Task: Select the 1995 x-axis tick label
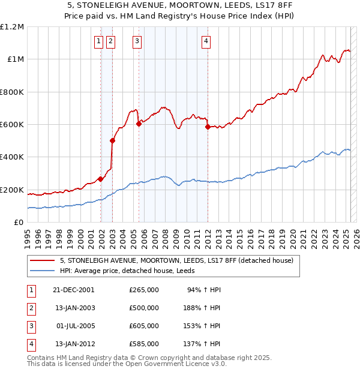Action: click(x=28, y=234)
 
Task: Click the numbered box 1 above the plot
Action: click(x=98, y=41)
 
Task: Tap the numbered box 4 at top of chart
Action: click(x=206, y=41)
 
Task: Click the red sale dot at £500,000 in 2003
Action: click(x=112, y=141)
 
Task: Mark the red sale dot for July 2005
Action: click(x=139, y=124)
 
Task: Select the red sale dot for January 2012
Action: click(x=208, y=127)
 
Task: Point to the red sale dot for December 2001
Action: click(x=101, y=179)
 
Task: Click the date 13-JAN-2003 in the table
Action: click(x=74, y=308)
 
